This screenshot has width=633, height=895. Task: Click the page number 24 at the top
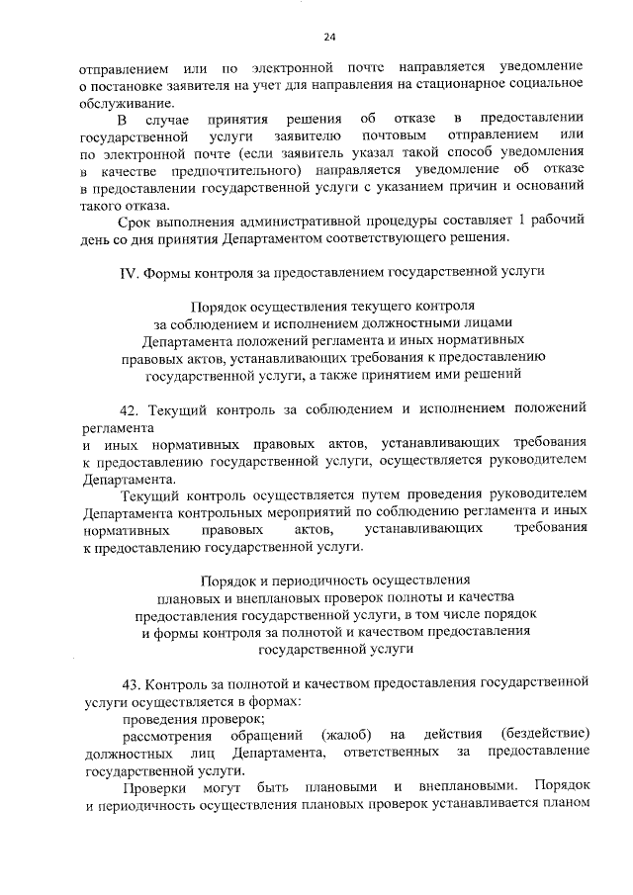pos(329,38)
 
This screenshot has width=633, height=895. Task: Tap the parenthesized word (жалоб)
pos(346,735)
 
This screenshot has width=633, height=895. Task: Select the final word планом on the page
pos(565,805)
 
